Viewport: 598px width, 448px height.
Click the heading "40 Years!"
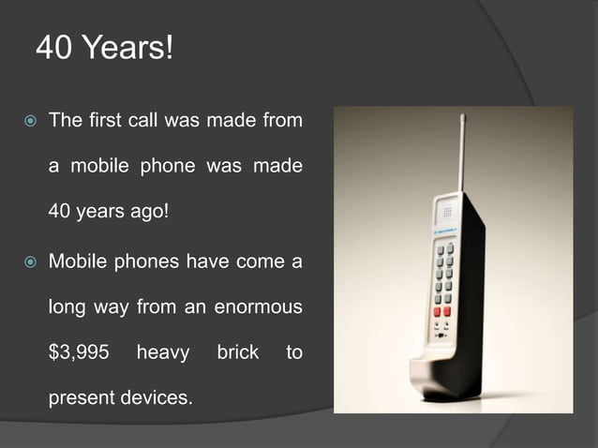(104, 47)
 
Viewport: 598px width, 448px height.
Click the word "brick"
(237, 353)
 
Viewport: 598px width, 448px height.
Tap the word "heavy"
(162, 353)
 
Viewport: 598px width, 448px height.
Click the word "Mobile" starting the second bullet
(80, 261)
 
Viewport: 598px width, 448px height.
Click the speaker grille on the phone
(448, 212)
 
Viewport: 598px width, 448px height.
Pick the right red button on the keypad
(447, 311)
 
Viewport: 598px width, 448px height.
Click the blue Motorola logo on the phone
(445, 230)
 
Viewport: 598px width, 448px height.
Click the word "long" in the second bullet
(67, 307)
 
